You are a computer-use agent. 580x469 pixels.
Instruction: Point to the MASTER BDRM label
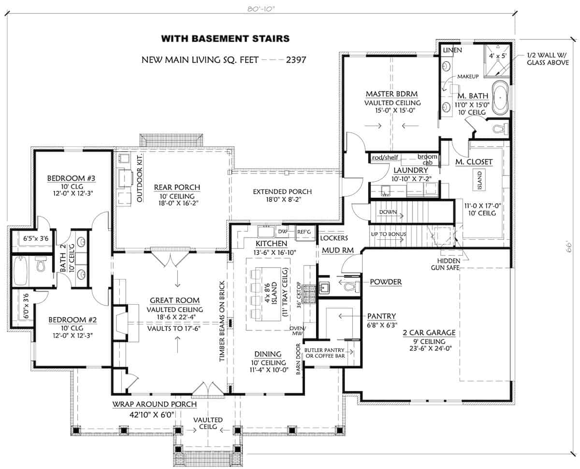[391, 94]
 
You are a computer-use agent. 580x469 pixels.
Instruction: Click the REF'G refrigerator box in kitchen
[304, 232]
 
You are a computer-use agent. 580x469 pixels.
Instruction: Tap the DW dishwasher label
[283, 231]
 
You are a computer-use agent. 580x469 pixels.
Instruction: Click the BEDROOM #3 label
[72, 179]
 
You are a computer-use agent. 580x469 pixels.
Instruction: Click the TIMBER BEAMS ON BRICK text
[222, 321]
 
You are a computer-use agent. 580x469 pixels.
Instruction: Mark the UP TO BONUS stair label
[388, 234]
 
